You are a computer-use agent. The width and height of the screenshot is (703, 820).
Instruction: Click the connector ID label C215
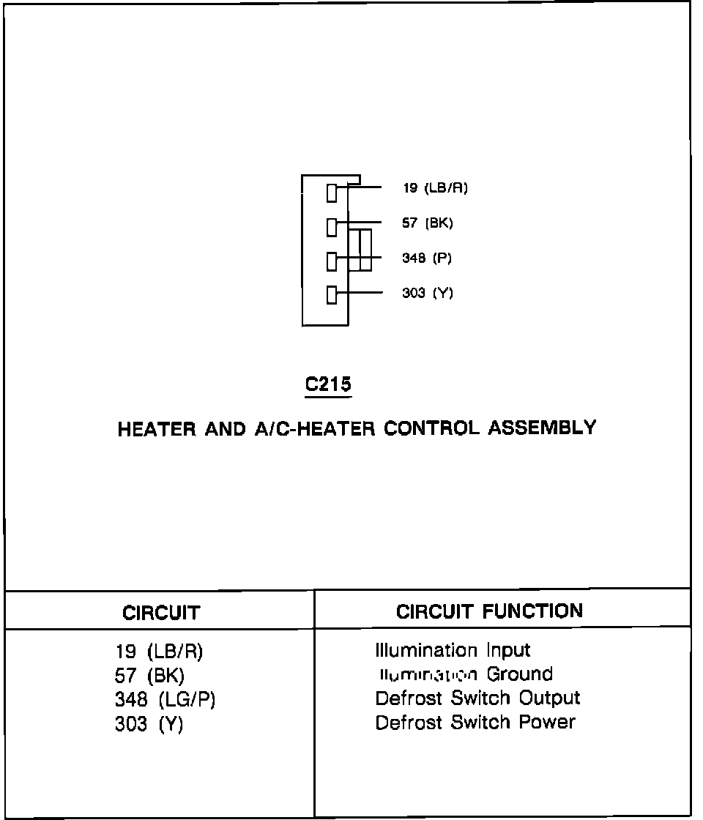tap(328, 384)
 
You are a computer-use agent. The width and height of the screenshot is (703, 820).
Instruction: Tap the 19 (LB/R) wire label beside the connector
tap(435, 188)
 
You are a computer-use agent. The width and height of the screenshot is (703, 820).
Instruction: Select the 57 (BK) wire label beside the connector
tap(428, 223)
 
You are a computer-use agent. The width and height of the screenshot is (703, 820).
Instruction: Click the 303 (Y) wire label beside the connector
tap(428, 294)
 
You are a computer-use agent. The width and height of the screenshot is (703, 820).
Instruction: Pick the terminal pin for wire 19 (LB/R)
tap(332, 193)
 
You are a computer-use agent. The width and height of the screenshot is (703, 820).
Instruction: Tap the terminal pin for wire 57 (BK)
tap(332, 227)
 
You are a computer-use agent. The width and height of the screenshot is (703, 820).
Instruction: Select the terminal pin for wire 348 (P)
tap(332, 261)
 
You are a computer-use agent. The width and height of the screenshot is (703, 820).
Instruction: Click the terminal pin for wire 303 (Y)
tap(332, 296)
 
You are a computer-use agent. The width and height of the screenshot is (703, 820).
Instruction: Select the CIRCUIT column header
tap(161, 613)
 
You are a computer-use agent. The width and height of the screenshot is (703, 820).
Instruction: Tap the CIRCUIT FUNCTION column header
tap(489, 611)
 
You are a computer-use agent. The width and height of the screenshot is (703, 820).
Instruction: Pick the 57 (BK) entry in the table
tap(150, 675)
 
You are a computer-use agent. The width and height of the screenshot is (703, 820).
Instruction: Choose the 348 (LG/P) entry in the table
tap(165, 700)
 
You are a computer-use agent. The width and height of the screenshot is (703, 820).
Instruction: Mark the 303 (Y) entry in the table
tap(149, 724)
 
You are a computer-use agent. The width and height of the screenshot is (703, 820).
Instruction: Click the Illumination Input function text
tap(453, 650)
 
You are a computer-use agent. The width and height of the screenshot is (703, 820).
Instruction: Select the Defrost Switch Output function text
tap(477, 698)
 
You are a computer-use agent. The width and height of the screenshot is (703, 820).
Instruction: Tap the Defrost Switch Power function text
tap(475, 723)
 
